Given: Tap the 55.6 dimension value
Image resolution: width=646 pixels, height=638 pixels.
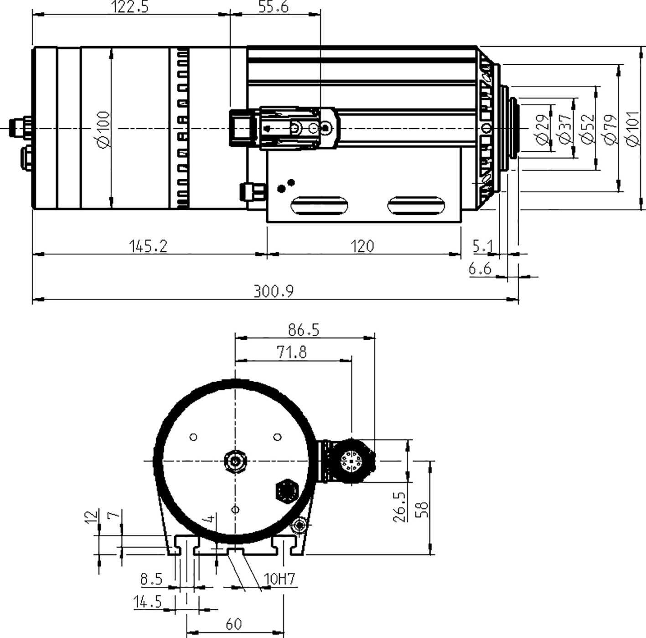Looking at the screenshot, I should [x=274, y=7].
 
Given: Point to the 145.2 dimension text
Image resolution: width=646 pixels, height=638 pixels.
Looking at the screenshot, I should [x=149, y=246].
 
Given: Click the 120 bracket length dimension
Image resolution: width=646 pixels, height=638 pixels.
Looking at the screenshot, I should [x=363, y=246].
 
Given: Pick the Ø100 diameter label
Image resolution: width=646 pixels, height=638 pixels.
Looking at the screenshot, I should [x=103, y=129].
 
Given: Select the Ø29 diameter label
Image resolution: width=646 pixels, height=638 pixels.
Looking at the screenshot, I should [x=543, y=130].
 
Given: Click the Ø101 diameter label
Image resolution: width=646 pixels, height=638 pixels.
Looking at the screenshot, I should [x=634, y=130].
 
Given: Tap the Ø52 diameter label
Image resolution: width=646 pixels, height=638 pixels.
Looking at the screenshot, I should [x=588, y=130].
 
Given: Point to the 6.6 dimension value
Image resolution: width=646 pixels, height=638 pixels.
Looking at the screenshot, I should [x=480, y=269].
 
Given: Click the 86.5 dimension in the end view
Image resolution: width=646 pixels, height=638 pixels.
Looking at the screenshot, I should [x=304, y=330].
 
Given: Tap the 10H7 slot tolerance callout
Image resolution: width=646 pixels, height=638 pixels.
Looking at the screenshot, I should [x=279, y=579].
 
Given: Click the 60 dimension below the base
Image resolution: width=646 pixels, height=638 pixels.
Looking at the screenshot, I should [x=233, y=624].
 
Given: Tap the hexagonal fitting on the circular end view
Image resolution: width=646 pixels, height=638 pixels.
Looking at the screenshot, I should [x=287, y=491].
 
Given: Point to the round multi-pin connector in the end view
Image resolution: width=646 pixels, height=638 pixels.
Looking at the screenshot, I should [x=352, y=461].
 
